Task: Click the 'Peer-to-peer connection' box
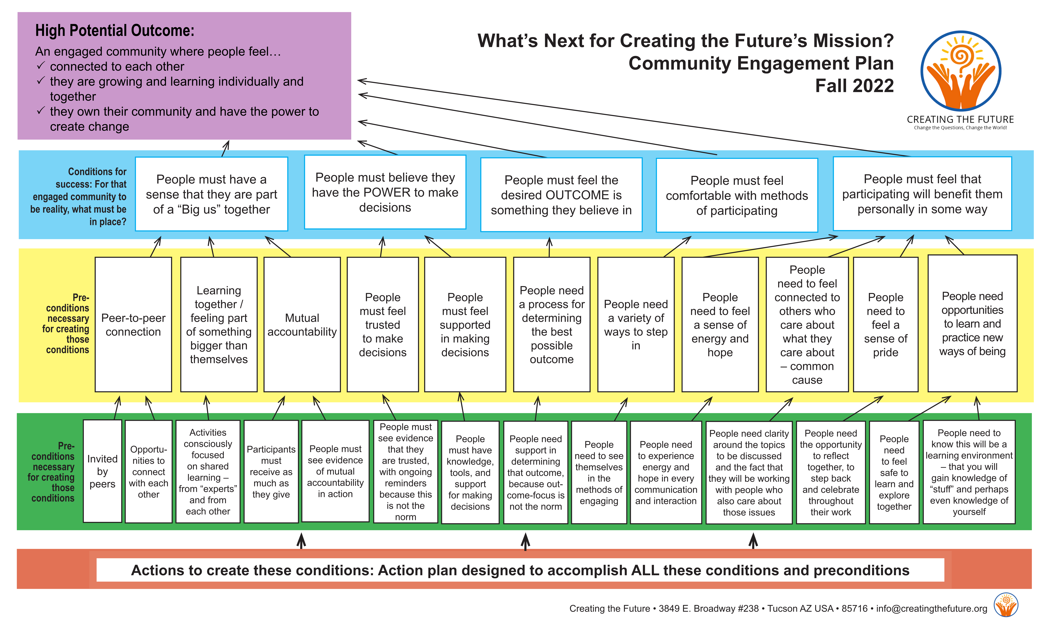tap(133, 325)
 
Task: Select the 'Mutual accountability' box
tap(302, 325)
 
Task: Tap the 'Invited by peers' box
tap(102, 471)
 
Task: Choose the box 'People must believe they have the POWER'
tap(385, 192)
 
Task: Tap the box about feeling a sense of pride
tap(885, 325)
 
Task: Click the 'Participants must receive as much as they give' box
tap(271, 472)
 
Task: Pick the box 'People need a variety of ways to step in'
tap(636, 325)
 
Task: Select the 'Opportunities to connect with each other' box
tap(148, 472)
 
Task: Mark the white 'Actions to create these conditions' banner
tap(520, 570)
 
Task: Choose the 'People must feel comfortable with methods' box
tap(737, 195)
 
